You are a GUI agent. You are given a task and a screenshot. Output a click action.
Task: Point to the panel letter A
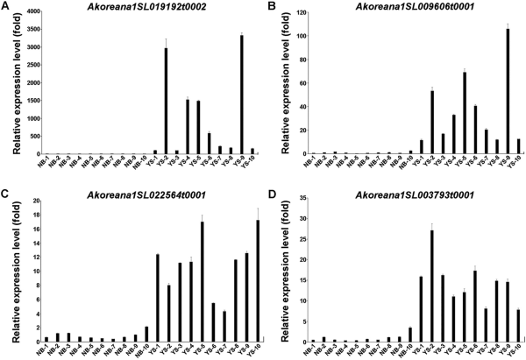pyautogui.click(x=6, y=6)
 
